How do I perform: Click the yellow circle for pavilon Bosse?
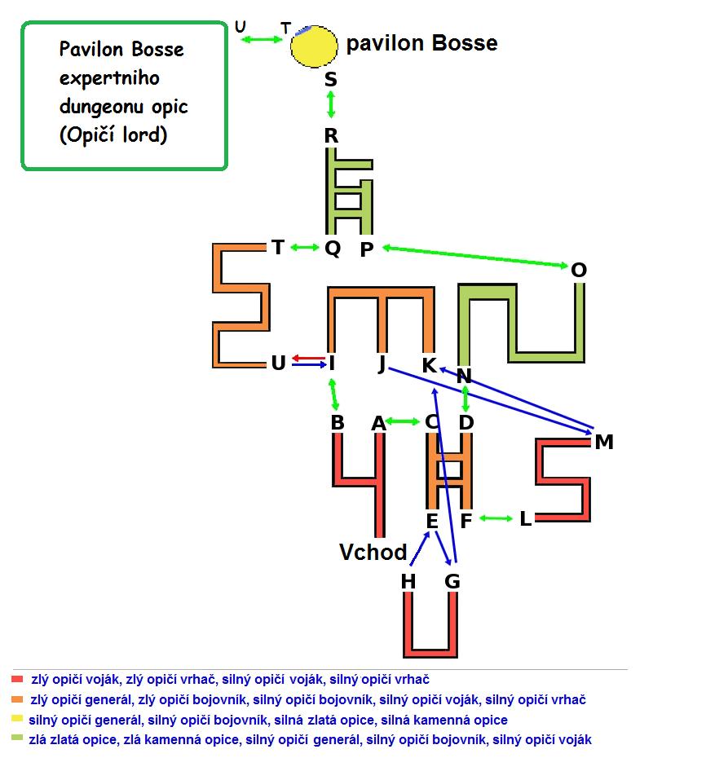pos(314,46)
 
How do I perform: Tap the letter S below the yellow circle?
pos(331,79)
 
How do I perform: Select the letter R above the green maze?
pos(331,136)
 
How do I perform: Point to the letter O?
pos(578,270)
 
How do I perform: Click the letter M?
pos(604,442)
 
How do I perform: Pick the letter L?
pos(526,518)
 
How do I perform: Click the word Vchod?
pos(373,552)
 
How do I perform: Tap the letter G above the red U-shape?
pos(452,581)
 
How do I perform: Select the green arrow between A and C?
pos(403,421)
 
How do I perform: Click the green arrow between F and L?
pos(496,518)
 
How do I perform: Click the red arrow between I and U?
pos(309,358)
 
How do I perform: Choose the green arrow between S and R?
pos(331,104)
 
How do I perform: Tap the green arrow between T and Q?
pos(305,248)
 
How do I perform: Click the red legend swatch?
pos(17,679)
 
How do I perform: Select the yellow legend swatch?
pos(17,718)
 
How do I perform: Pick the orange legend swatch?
pos(17,699)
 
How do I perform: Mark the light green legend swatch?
pos(17,738)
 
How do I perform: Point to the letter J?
pos(382,364)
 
